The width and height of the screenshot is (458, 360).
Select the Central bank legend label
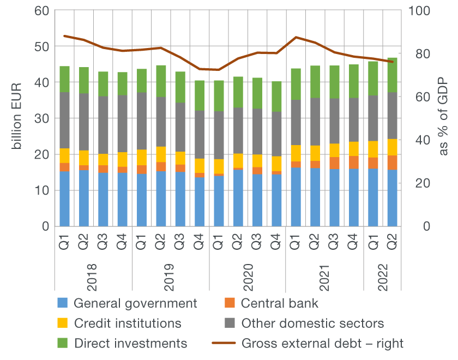280,303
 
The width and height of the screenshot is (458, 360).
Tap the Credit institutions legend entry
127,323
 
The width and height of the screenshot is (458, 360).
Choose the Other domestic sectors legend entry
312,323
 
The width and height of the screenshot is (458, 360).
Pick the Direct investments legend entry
130,343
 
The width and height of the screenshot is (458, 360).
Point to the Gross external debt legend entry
322,343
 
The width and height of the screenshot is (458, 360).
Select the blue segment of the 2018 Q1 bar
65,199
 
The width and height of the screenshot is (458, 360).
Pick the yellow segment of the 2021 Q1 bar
296,153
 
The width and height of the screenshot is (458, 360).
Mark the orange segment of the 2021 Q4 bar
354,162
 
